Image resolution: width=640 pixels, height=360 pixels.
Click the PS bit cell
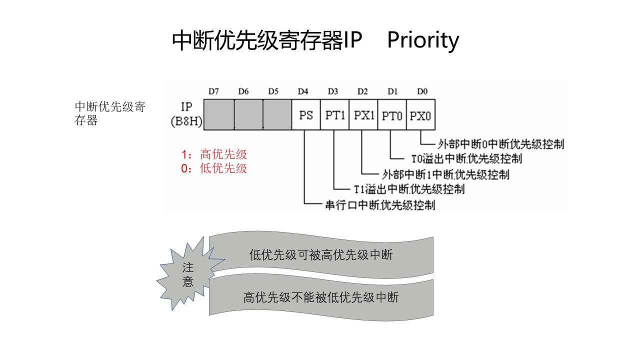(x=306, y=115)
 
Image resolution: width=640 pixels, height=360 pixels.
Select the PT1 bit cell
(x=335, y=115)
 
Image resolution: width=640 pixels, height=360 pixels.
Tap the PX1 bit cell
(x=364, y=115)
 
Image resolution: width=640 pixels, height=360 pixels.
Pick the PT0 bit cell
(x=392, y=115)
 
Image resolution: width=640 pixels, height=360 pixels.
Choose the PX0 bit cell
(x=421, y=115)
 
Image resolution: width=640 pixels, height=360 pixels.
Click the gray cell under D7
(x=219, y=114)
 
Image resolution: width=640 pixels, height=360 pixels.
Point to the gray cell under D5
(x=277, y=114)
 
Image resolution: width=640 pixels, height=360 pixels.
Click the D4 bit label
(x=303, y=91)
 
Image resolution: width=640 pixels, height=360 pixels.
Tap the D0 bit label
(x=422, y=91)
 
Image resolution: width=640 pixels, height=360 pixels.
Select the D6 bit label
(x=243, y=91)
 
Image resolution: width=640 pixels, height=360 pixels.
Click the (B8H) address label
(x=186, y=121)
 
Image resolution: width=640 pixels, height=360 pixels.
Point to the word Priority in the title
(x=423, y=40)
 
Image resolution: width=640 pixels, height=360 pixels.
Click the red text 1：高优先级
(x=214, y=154)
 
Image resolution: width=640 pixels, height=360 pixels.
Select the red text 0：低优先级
(x=214, y=168)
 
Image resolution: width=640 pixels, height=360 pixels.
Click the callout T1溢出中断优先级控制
(x=409, y=189)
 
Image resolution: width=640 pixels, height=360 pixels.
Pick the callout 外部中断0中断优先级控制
(x=501, y=144)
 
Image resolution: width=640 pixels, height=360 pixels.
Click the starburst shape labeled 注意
(x=188, y=274)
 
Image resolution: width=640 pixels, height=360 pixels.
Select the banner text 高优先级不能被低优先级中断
(x=321, y=297)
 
